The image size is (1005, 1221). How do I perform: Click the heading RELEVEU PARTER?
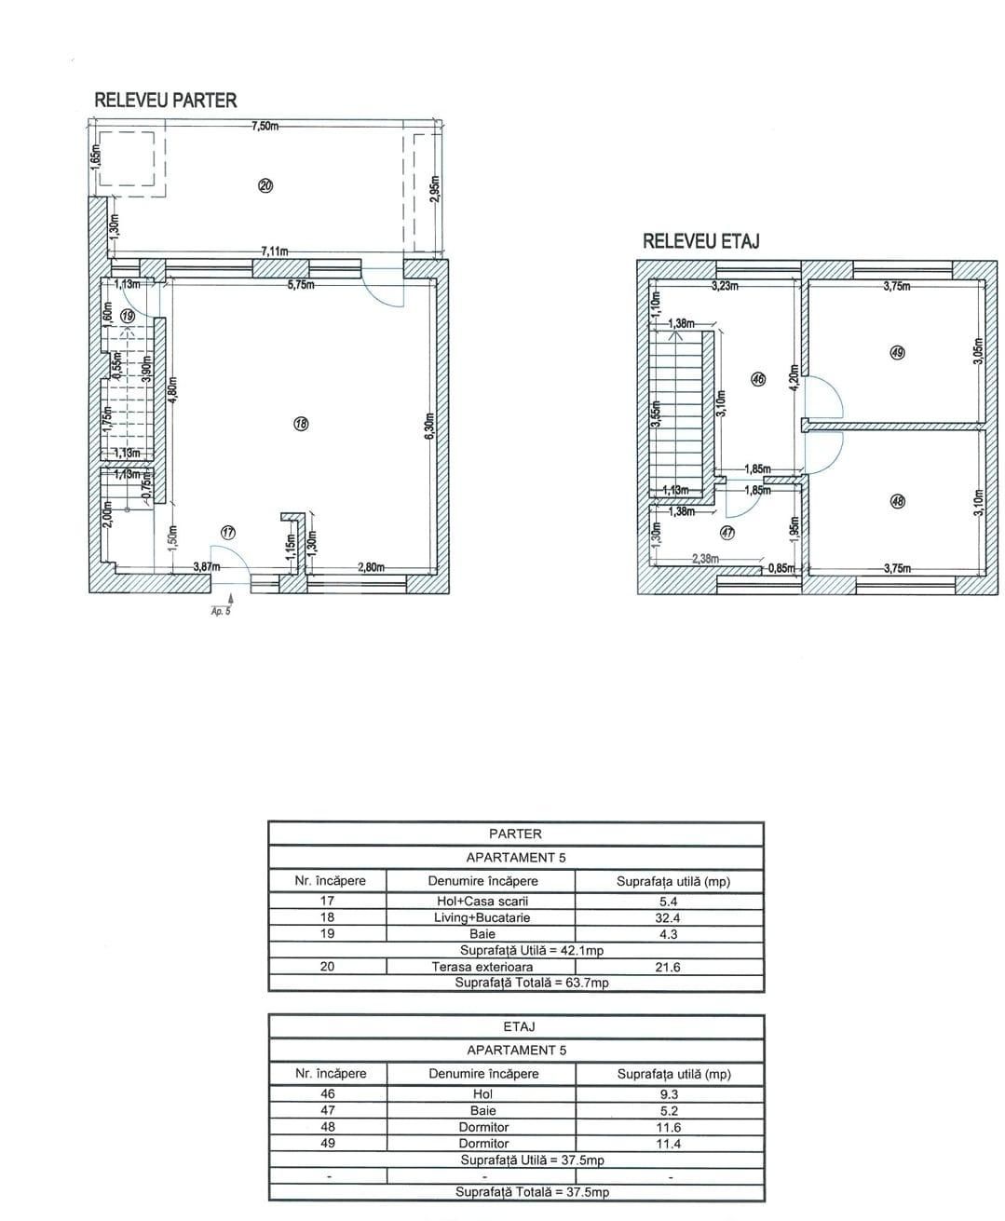pyautogui.click(x=166, y=101)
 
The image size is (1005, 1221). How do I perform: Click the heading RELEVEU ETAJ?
pyautogui.click(x=701, y=241)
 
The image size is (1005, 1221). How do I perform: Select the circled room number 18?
pyautogui.click(x=301, y=425)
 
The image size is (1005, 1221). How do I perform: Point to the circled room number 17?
pyautogui.click(x=228, y=532)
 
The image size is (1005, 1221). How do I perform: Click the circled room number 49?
pyautogui.click(x=897, y=353)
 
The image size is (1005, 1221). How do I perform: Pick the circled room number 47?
pyautogui.click(x=727, y=534)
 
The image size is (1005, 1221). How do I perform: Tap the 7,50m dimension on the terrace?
pyautogui.click(x=265, y=126)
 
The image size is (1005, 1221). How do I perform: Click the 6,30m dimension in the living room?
pyautogui.click(x=429, y=427)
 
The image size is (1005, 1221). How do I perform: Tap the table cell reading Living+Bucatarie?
pyautogui.click(x=482, y=917)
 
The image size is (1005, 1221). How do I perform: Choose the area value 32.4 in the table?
pyautogui.click(x=668, y=917)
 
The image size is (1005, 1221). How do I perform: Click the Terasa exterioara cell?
pyautogui.click(x=482, y=967)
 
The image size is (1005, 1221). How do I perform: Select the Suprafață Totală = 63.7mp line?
pyautogui.click(x=531, y=983)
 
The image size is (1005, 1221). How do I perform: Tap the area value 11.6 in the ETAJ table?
pyautogui.click(x=668, y=1127)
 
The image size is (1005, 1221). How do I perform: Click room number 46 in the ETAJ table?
pyautogui.click(x=328, y=1094)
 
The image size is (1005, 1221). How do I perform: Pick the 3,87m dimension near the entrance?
pyautogui.click(x=206, y=567)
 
